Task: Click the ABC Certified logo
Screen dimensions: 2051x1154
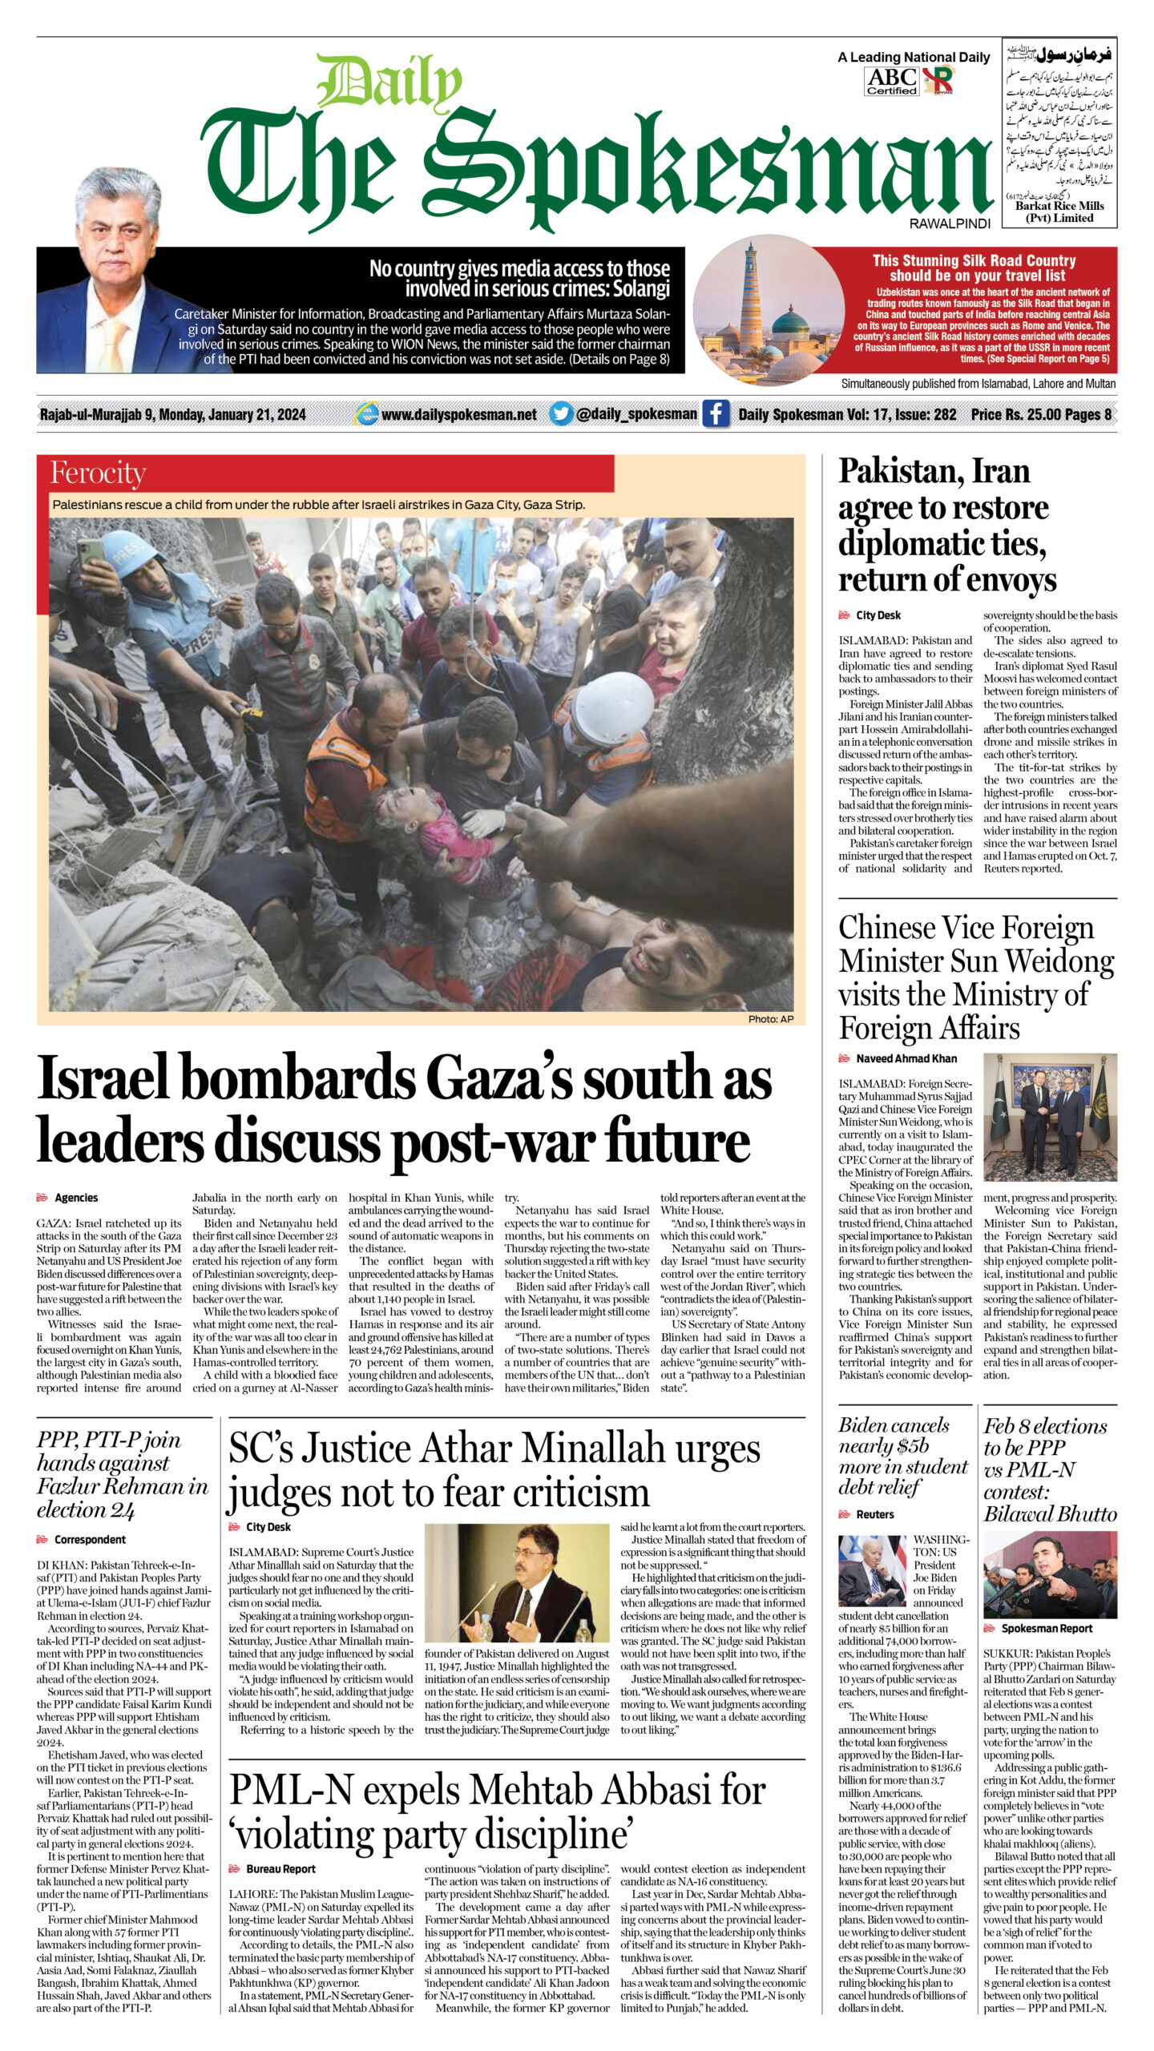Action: click(x=891, y=81)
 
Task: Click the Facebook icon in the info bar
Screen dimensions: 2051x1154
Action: click(x=716, y=414)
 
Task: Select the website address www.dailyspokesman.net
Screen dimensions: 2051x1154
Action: click(x=458, y=414)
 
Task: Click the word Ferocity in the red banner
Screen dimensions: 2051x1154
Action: click(x=98, y=473)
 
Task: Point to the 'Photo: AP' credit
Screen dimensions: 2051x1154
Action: click(x=770, y=1019)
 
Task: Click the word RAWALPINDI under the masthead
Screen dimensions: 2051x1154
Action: click(x=950, y=224)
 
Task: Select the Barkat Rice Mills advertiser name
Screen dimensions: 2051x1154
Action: click(x=1059, y=212)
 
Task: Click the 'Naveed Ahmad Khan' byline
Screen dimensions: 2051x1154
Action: click(x=906, y=1058)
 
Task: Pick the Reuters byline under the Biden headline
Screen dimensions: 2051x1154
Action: click(x=874, y=1514)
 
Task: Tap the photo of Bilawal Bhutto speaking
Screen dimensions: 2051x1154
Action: click(x=1050, y=1574)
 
